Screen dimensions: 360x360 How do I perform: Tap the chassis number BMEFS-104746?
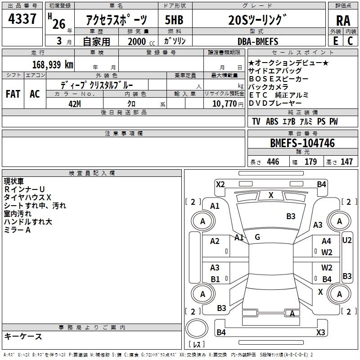pos(302,143)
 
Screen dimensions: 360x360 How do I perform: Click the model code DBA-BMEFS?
pos(258,41)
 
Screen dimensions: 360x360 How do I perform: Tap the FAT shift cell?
pos(13,94)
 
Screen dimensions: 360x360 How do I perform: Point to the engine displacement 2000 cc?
pos(137,41)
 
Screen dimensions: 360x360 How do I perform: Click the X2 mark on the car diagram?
pos(220,184)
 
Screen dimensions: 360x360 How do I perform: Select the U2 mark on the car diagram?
pos(347,240)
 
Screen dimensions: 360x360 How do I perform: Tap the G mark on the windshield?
pos(257,237)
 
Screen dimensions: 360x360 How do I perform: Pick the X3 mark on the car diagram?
pos(320,333)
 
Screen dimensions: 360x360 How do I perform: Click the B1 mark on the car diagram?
pos(215,279)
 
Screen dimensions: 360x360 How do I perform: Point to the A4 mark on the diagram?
pos(326,242)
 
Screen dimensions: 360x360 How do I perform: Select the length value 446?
pos(273,162)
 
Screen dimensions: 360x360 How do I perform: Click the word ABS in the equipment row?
pos(272,121)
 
